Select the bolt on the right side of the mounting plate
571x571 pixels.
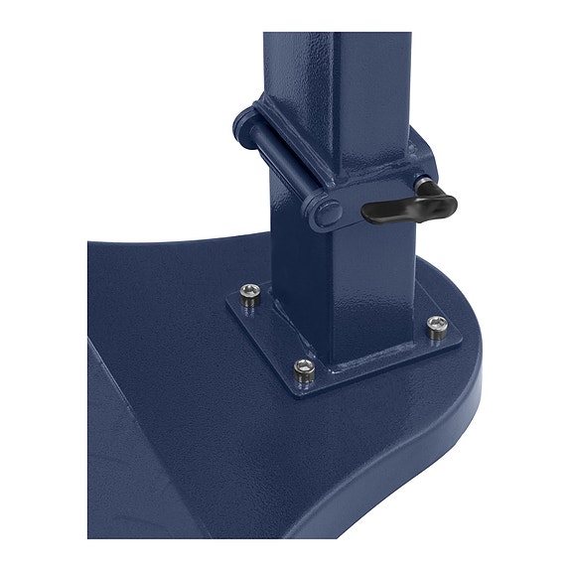(437, 324)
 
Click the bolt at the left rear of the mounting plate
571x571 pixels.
(251, 292)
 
